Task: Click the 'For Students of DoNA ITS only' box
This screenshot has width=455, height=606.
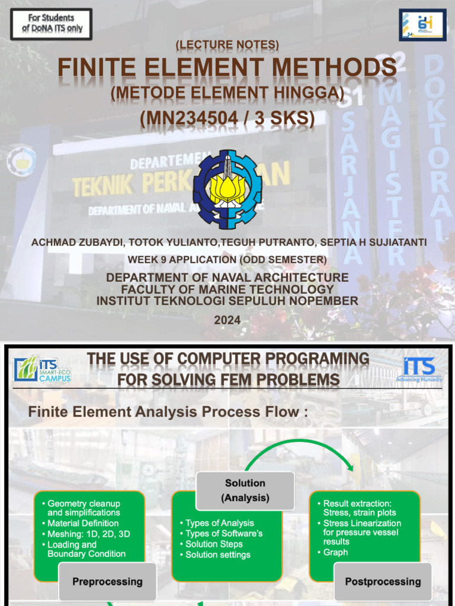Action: [x=52, y=24]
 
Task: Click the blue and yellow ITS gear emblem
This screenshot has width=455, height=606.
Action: [x=227, y=189]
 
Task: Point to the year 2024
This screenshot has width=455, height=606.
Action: [x=227, y=320]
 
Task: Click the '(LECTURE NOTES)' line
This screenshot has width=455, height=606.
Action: [x=227, y=45]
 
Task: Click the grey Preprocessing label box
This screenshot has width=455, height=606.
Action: [x=107, y=582]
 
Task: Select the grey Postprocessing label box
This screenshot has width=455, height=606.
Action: [x=383, y=582]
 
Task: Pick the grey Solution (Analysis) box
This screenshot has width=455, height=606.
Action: [x=245, y=491]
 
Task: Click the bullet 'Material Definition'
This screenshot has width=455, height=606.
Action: [x=83, y=523]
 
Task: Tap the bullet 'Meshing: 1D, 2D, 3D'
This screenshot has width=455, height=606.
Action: [x=88, y=534]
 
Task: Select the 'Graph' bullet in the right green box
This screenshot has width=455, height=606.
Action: [x=335, y=552]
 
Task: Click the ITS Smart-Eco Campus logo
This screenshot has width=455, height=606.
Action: [x=42, y=369]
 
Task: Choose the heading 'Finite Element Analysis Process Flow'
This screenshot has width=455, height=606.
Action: [x=168, y=412]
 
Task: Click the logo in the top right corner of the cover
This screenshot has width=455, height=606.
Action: [x=422, y=25]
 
